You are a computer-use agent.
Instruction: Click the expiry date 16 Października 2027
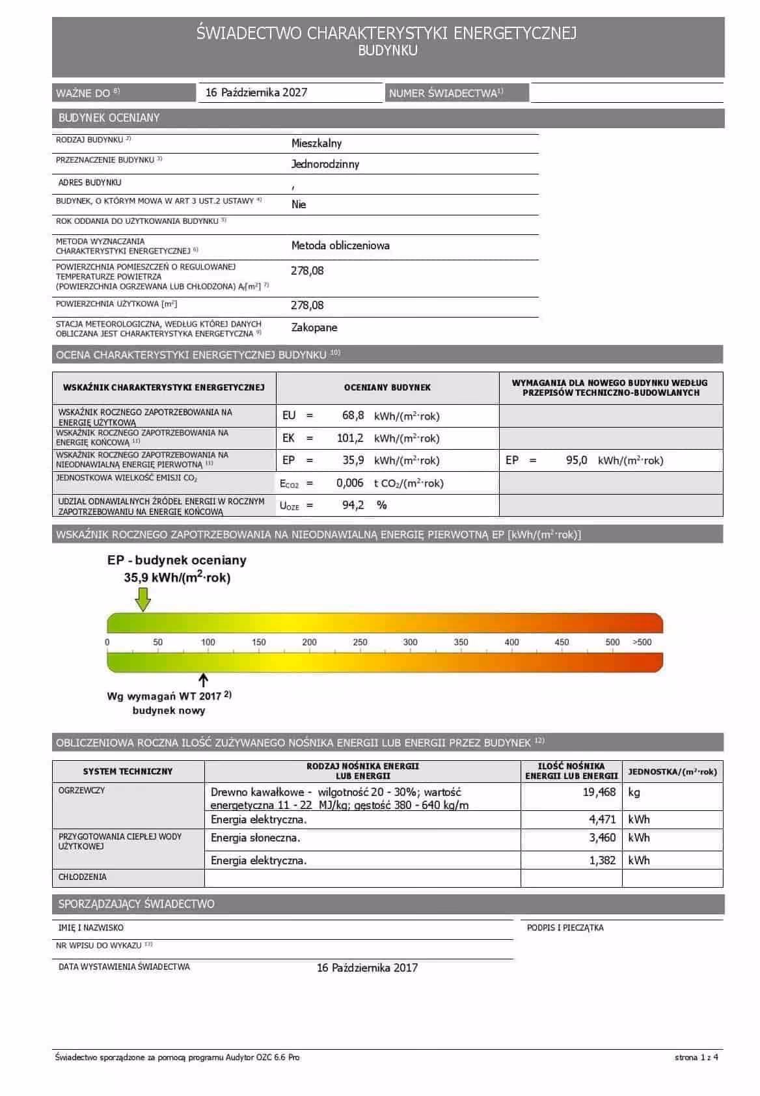[256, 92]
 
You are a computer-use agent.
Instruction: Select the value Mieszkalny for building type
[316, 143]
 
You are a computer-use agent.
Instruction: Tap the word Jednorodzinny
[325, 164]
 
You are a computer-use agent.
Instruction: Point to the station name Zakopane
[314, 327]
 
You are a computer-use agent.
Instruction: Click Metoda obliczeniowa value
[340, 245]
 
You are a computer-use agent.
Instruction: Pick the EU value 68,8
[353, 415]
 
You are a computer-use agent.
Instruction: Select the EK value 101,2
[350, 438]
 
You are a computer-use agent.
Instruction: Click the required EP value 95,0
[577, 460]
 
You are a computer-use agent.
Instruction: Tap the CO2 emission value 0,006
[349, 483]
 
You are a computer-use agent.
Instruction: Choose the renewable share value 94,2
[353, 505]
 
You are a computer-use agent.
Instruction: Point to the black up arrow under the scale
[204, 681]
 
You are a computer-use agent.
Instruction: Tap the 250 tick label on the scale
[360, 642]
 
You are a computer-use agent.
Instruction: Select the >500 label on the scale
[642, 642]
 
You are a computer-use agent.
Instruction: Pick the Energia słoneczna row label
[255, 838]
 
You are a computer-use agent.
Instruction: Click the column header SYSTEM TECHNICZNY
[128, 771]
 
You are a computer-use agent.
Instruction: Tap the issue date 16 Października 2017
[367, 968]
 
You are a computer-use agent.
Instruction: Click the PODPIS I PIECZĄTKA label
[565, 927]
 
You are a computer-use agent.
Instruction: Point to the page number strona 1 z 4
[696, 1058]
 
